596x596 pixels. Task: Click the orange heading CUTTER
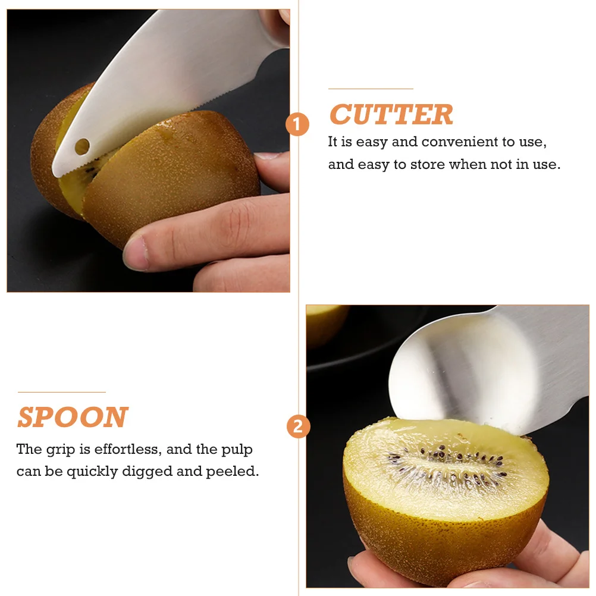point(391,115)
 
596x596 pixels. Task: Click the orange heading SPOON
point(73,418)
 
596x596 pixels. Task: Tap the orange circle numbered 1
point(297,125)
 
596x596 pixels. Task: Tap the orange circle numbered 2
point(298,426)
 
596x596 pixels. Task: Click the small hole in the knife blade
point(81,145)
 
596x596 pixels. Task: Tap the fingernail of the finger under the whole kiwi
point(136,253)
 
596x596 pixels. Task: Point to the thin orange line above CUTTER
point(370,89)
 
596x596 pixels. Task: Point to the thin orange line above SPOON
point(61,392)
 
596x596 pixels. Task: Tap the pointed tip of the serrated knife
point(55,172)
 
